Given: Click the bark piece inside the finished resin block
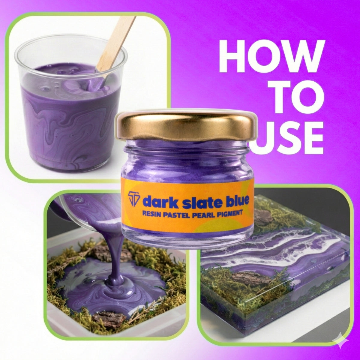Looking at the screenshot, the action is pyautogui.click(x=248, y=280).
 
